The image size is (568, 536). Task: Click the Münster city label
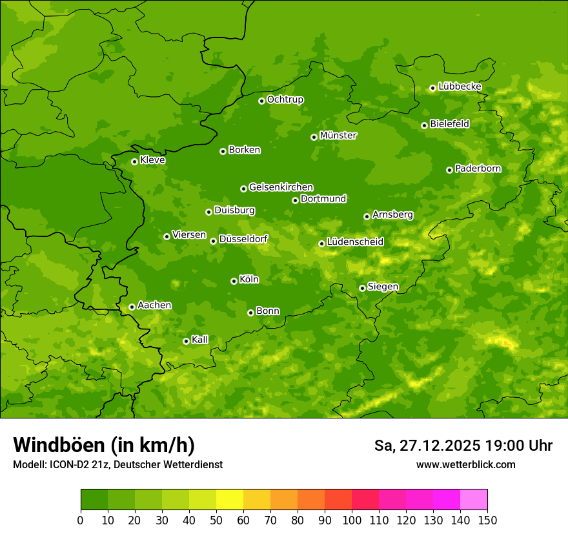tap(338, 136)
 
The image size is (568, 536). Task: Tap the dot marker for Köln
tap(234, 281)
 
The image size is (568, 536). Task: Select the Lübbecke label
tap(460, 87)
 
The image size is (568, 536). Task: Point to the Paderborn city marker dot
tap(449, 170)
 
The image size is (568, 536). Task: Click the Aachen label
tap(154, 305)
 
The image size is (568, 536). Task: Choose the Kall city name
tap(200, 340)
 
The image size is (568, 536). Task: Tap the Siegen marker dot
tap(362, 288)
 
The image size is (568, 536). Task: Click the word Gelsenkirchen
tap(281, 187)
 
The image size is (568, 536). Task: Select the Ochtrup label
tap(285, 99)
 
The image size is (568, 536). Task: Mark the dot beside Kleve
tap(134, 161)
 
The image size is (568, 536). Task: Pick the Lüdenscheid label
tap(355, 242)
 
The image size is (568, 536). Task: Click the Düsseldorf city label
tap(243, 239)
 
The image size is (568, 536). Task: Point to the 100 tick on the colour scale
tap(352, 520)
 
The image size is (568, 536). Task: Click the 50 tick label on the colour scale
tap(216, 520)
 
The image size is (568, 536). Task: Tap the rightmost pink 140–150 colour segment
tap(474, 499)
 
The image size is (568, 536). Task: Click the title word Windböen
tap(58, 446)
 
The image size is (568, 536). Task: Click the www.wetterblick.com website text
tap(465, 465)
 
